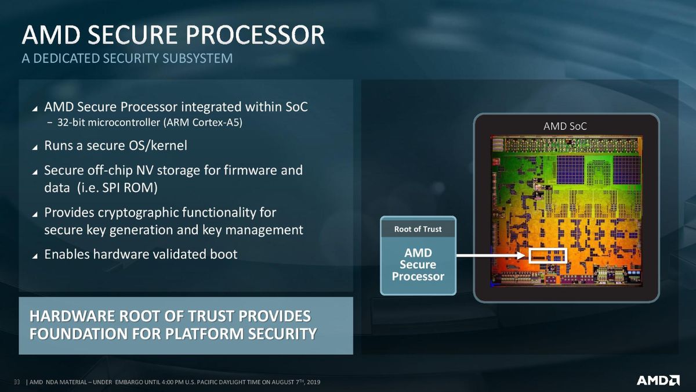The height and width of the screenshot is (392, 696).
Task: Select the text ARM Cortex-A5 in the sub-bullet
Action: [x=203, y=123]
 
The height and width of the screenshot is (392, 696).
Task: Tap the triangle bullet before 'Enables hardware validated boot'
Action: [x=35, y=256]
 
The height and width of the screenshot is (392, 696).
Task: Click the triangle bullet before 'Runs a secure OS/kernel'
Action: [x=35, y=147]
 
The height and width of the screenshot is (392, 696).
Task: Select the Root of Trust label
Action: [x=418, y=229]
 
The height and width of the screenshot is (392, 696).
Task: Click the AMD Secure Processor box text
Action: [x=418, y=264]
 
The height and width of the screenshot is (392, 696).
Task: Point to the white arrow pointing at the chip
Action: [x=492, y=256]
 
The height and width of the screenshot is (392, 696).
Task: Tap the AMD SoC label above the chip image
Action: [x=565, y=127]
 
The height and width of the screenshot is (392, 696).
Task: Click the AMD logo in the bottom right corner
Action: [x=658, y=380]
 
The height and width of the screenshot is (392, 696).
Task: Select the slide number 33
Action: [x=17, y=382]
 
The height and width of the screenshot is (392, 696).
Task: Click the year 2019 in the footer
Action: [x=313, y=382]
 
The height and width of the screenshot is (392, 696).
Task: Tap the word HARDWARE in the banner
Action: [x=72, y=316]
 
